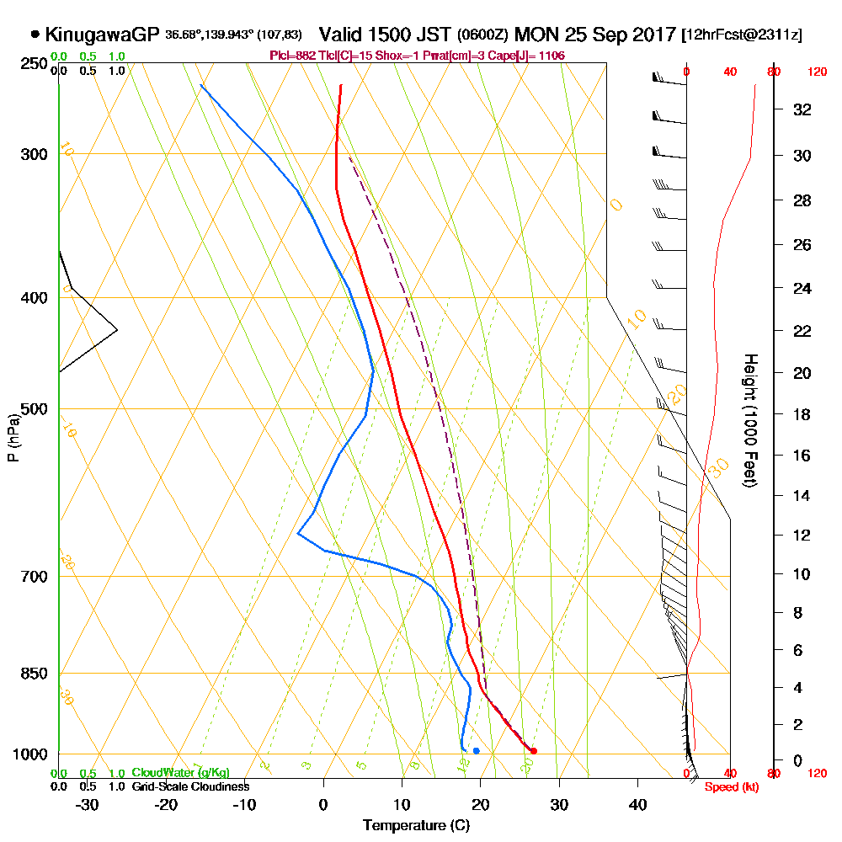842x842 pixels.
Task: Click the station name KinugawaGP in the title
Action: tap(101, 35)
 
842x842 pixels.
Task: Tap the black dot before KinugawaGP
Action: tap(35, 35)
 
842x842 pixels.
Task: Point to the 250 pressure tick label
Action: tap(33, 64)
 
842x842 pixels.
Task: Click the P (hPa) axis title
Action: tap(13, 437)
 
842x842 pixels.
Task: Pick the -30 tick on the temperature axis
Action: tap(88, 804)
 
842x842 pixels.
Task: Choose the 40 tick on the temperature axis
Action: tap(638, 804)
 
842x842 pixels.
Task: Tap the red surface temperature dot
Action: tap(533, 751)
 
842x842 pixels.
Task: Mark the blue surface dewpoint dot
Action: tap(477, 750)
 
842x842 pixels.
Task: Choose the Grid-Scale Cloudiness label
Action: tap(190, 786)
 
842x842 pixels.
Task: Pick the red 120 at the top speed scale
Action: tap(816, 72)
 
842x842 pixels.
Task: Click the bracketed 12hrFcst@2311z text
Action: tap(743, 35)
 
